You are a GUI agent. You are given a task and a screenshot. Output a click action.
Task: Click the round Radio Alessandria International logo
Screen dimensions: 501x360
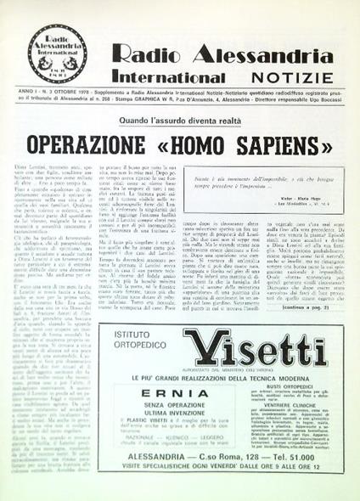pos(59,53)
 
